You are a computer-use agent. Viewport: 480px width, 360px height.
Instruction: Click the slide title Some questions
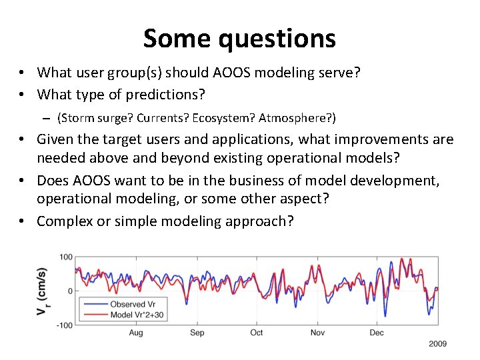pos(239,39)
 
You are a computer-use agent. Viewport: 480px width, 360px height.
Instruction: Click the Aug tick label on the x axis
pos(135,333)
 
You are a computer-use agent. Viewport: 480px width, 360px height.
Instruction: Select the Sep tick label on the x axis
pos(197,333)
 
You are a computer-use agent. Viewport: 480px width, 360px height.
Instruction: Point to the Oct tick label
pos(257,333)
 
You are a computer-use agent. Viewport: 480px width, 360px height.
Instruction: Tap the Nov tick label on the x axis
pos(318,333)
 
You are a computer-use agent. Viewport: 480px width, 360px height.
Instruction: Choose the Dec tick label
pos(377,333)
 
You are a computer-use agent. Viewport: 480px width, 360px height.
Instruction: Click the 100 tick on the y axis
pos(66,257)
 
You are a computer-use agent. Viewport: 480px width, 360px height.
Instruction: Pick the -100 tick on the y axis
pos(65,325)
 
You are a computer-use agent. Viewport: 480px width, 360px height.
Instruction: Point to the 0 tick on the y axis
pos(70,291)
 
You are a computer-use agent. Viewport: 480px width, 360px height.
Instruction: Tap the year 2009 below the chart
pos(437,344)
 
